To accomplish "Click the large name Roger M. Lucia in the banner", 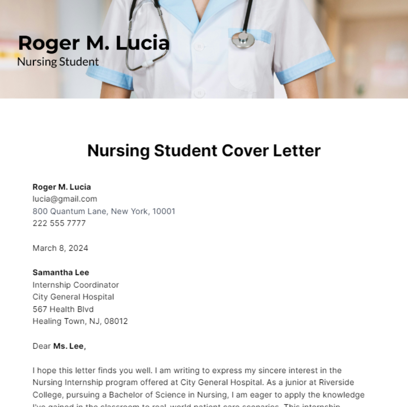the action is coord(93,43).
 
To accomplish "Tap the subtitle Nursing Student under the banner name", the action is coord(58,62).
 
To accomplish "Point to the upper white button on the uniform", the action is coord(199,46).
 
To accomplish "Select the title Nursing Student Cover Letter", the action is coord(204,151).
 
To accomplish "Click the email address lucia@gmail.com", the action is coord(65,199).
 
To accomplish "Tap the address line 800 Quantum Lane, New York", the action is coord(104,211).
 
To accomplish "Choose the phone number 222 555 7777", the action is coord(59,223).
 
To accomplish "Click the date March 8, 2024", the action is coord(60,248).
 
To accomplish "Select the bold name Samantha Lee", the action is coord(61,272).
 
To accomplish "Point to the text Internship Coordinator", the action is coord(75,285).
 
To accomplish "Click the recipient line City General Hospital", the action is coord(73,297).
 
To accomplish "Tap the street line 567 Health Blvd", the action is coord(63,309).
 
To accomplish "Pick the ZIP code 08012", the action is coord(116,321).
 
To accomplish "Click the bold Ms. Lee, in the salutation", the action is coord(69,346).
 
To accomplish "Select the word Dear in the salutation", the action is coord(41,346).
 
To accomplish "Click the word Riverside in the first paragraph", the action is coord(336,382).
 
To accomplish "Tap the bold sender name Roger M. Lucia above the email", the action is coord(62,187).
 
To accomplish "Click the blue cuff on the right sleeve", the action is coord(304,67).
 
